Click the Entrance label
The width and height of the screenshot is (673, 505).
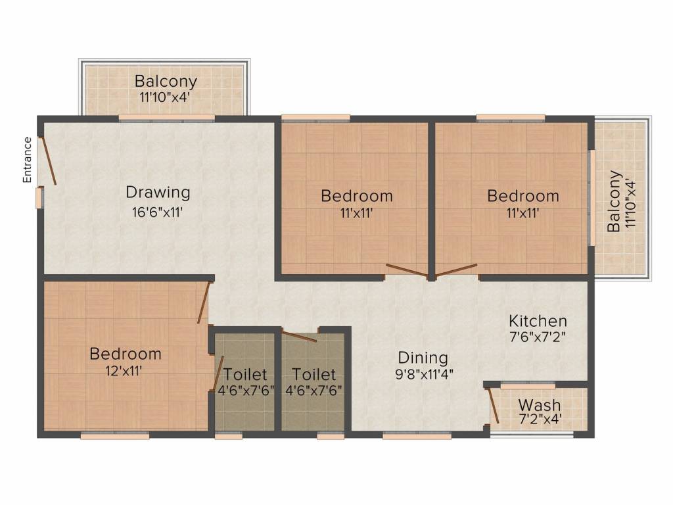(27, 160)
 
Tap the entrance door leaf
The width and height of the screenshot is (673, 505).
(48, 160)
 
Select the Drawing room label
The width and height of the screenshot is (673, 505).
(158, 193)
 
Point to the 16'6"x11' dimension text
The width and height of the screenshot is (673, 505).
(158, 212)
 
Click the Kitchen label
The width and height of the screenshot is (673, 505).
(538, 321)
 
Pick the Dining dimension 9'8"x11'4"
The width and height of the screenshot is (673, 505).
(424, 374)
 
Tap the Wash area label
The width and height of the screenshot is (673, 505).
(540, 404)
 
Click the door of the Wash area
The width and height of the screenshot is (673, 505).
(493, 405)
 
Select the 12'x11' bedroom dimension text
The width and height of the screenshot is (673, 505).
(124, 371)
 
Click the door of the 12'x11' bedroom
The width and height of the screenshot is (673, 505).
(204, 302)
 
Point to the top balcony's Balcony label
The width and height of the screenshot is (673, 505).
(166, 81)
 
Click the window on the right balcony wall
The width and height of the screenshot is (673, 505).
(592, 197)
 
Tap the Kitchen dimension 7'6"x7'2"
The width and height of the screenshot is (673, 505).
(538, 337)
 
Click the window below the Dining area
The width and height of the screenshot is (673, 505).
(417, 436)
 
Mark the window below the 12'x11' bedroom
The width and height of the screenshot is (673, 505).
(115, 436)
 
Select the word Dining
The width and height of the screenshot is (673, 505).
(423, 358)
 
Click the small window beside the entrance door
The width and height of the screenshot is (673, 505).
(39, 197)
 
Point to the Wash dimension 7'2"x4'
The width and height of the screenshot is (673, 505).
(540, 419)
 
